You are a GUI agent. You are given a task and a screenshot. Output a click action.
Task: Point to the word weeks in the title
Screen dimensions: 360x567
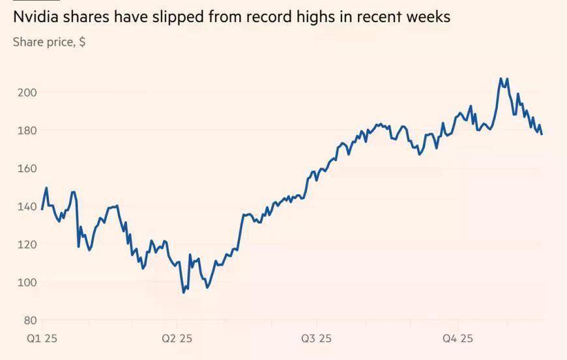pyautogui.click(x=427, y=16)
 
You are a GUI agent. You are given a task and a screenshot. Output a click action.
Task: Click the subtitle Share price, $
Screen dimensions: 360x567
pyautogui.click(x=49, y=42)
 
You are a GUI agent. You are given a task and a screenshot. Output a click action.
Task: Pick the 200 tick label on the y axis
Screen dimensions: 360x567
pyautogui.click(x=27, y=93)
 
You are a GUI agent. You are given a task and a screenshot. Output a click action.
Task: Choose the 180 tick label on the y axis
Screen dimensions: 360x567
pyautogui.click(x=27, y=130)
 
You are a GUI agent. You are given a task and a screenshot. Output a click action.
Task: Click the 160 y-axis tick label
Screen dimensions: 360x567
pyautogui.click(x=27, y=168)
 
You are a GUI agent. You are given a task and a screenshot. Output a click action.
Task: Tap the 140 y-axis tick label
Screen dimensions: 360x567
pyautogui.click(x=27, y=207)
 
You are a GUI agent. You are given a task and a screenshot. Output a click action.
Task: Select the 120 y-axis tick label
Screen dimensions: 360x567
pyautogui.click(x=27, y=245)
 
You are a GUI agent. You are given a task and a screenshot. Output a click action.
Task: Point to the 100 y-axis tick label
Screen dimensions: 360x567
pyautogui.click(x=27, y=282)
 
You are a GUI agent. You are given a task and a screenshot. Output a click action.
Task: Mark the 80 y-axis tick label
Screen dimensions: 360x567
pyautogui.click(x=29, y=320)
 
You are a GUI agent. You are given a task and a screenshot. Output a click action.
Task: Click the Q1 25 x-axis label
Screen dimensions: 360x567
pyautogui.click(x=42, y=338)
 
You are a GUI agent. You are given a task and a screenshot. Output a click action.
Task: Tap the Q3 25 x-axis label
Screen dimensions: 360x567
pyautogui.click(x=316, y=338)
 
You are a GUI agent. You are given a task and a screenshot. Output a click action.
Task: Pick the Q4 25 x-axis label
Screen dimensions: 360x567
pyautogui.click(x=458, y=338)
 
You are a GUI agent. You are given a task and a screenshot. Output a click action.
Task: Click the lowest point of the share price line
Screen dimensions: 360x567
pyautogui.click(x=184, y=292)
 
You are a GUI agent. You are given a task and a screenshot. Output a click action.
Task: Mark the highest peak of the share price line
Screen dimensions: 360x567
pyautogui.click(x=501, y=79)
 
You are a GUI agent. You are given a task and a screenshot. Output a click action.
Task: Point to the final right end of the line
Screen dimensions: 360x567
pyautogui.click(x=542, y=134)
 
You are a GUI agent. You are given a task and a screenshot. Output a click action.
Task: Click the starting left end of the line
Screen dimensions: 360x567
pyautogui.click(x=42, y=209)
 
